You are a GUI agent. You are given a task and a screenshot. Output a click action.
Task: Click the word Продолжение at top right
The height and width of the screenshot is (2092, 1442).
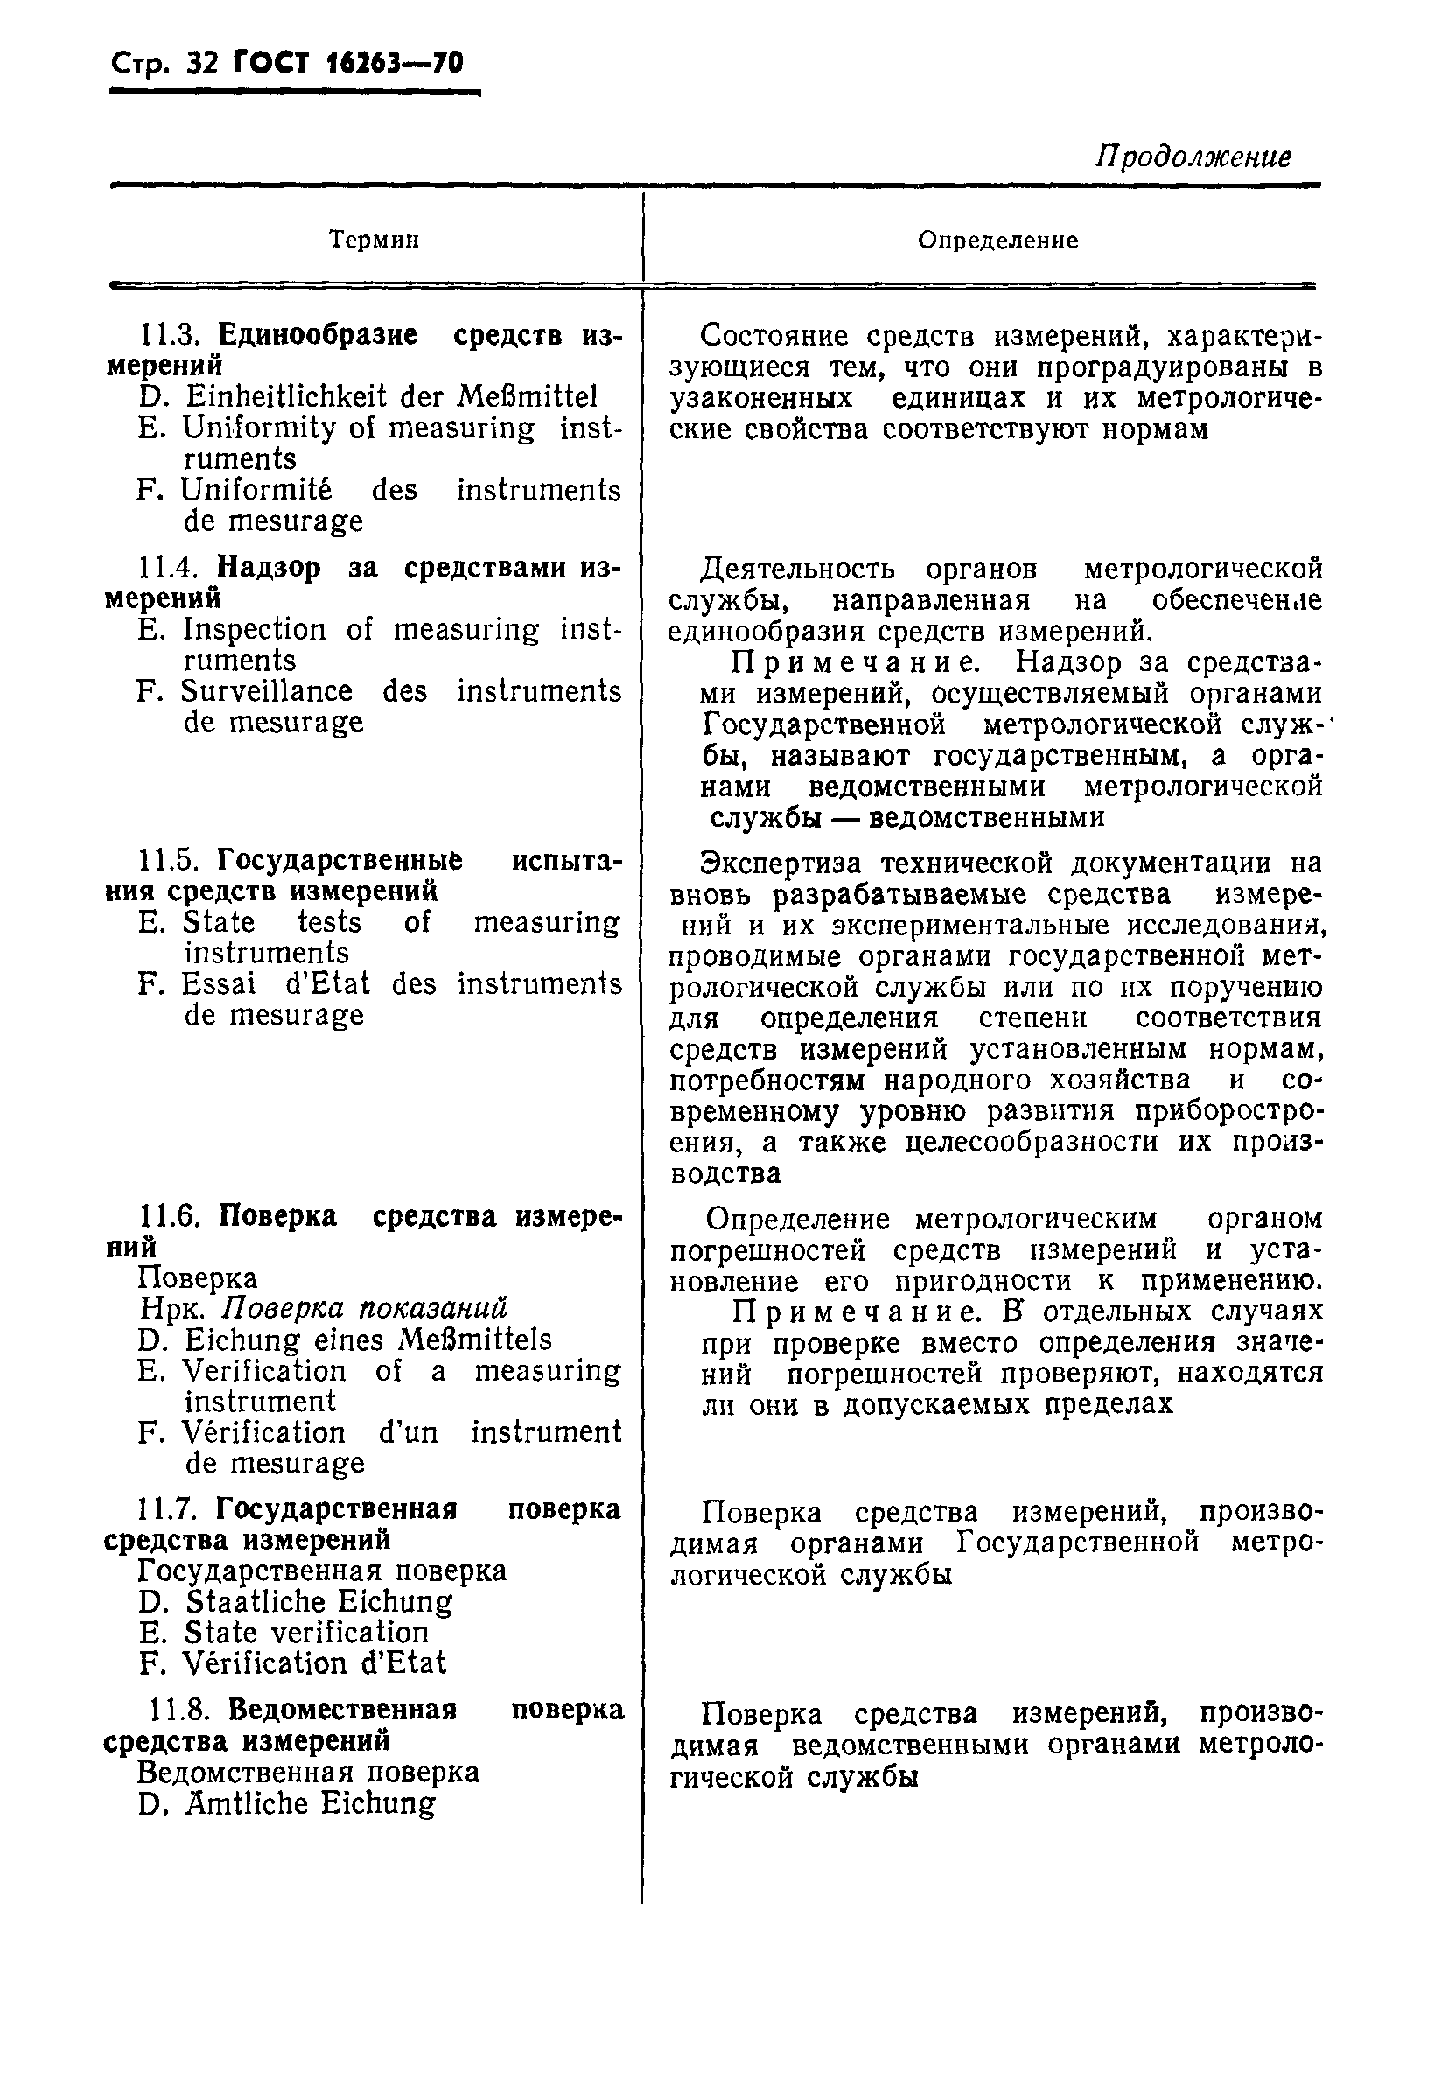(1193, 157)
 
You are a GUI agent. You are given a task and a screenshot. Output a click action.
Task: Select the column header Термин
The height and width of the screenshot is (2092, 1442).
(374, 241)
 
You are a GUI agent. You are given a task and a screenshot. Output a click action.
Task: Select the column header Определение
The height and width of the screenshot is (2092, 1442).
(997, 241)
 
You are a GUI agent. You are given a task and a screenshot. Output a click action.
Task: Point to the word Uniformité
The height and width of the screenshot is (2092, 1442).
(255, 490)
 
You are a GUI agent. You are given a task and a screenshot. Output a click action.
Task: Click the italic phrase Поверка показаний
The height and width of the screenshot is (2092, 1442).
(365, 1309)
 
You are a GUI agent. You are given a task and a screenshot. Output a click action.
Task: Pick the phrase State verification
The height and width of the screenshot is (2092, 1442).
(306, 1633)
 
